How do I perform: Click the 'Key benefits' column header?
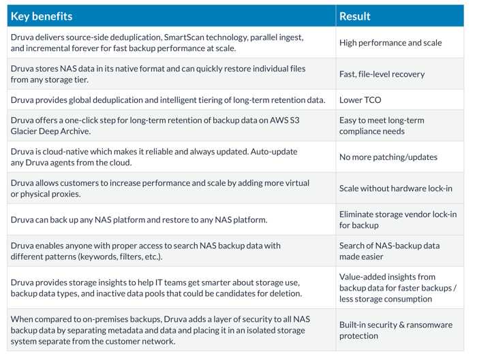[42, 16]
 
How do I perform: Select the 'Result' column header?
[355, 16]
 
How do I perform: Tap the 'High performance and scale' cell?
[390, 43]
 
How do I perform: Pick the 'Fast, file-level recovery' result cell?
[382, 74]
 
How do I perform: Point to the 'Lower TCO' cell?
[360, 100]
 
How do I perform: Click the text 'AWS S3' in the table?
[285, 120]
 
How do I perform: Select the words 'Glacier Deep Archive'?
[50, 131]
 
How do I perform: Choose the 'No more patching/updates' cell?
[388, 157]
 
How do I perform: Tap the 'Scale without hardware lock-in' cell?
[395, 189]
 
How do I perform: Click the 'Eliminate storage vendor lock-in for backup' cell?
[398, 220]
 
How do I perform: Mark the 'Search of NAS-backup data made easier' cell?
[389, 251]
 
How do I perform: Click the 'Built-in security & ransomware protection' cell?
[396, 330]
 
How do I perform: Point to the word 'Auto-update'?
[274, 152]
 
